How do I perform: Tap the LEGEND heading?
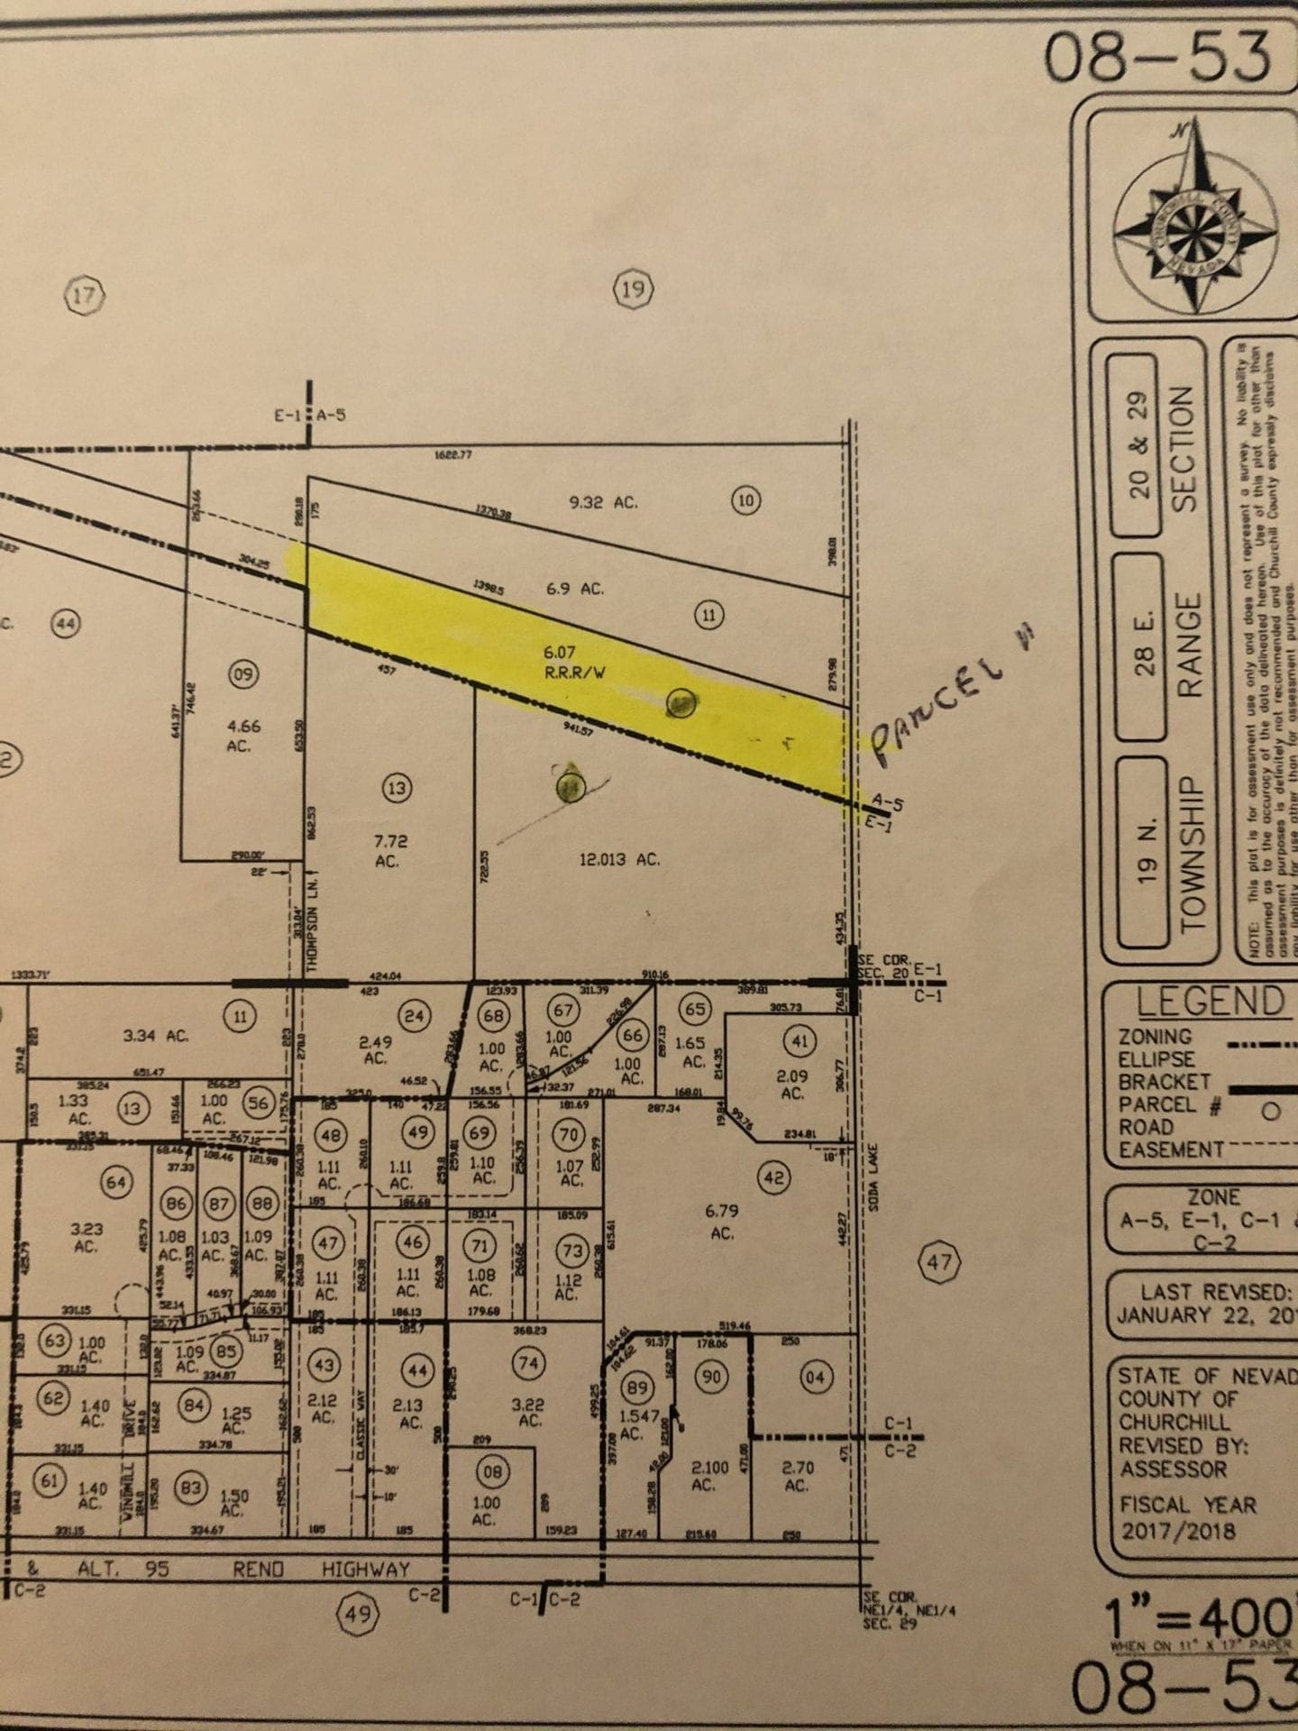[1209, 1002]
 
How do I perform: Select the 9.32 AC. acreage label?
[603, 502]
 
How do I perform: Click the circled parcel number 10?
[745, 500]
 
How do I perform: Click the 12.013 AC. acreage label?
[619, 859]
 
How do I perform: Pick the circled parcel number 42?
[774, 1177]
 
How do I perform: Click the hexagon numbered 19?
[633, 289]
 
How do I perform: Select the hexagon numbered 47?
[938, 1262]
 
